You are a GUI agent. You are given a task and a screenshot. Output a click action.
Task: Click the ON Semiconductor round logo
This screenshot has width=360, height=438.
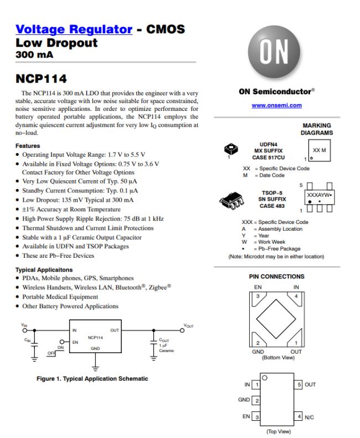pyautogui.click(x=274, y=52)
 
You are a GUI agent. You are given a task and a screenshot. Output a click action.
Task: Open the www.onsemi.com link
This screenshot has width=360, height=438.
pyautogui.click(x=276, y=105)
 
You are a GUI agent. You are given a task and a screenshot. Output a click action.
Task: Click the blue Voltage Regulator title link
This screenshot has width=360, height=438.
pyautogui.click(x=74, y=29)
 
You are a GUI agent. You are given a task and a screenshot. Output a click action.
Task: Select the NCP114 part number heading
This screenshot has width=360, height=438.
pyautogui.click(x=42, y=79)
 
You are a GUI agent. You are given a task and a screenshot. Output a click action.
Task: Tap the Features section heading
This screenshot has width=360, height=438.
pyautogui.click(x=28, y=146)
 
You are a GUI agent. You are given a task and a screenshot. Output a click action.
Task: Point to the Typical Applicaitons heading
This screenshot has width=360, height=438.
pyautogui.click(x=44, y=270)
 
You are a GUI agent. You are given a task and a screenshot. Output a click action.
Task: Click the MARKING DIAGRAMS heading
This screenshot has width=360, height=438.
pyautogui.click(x=317, y=129)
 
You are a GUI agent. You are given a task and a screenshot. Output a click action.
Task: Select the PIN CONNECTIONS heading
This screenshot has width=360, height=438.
pyautogui.click(x=276, y=277)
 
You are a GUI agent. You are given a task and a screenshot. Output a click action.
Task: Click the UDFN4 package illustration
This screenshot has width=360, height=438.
pyautogui.click(x=231, y=149)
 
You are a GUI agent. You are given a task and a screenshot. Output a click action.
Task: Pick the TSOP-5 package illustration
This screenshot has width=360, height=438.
pyautogui.click(x=232, y=200)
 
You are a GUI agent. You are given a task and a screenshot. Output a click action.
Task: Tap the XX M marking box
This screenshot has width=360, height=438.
pyautogui.click(x=319, y=151)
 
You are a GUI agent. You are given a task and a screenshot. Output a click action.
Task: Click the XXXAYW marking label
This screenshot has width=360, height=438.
pyautogui.click(x=318, y=195)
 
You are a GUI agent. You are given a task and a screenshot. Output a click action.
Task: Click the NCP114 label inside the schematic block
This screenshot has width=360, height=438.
pyautogui.click(x=95, y=338)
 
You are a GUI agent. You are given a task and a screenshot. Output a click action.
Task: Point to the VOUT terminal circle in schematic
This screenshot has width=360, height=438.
pyautogui.click(x=182, y=330)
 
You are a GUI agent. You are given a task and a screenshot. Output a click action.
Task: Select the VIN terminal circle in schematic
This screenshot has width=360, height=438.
pyautogui.click(x=25, y=330)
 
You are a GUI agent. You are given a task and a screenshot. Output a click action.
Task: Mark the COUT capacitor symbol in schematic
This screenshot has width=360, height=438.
pyautogui.click(x=153, y=343)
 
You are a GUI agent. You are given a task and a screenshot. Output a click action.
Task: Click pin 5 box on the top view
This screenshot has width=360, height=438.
pyautogui.click(x=299, y=385)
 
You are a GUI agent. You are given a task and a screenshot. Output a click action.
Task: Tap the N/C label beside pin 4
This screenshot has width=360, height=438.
pyautogui.click(x=309, y=417)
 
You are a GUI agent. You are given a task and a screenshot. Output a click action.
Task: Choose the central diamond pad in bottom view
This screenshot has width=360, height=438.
pyautogui.click(x=276, y=319)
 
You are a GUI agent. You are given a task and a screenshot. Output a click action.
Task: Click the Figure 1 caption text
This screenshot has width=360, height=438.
pyautogui.click(x=92, y=379)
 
